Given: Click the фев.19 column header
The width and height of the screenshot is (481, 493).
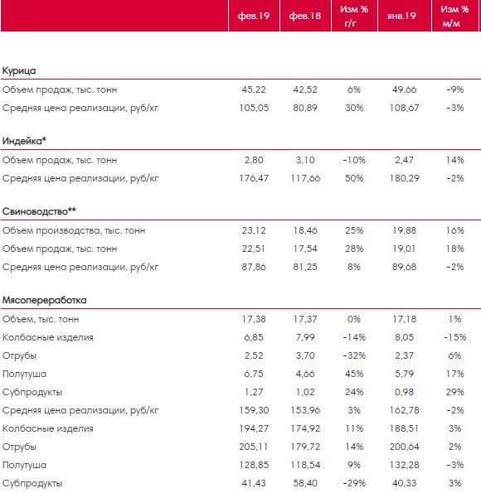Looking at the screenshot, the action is pos(254,16).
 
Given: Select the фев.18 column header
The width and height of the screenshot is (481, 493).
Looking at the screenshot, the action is pos(305,16).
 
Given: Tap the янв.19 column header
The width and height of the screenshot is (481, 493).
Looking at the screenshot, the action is pos(401,16).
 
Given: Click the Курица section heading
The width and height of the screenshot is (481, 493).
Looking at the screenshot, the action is pos(19,70).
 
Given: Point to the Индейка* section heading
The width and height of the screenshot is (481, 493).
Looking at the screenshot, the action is pos(24,141).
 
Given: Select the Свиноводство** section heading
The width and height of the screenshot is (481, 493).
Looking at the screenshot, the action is pos(39,211).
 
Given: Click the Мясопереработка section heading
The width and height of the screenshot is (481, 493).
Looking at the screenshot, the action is pos(45,300).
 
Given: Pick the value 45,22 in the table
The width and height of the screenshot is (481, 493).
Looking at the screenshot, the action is pos(254,89).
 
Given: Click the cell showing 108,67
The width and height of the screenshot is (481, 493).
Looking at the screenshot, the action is pos(404,108).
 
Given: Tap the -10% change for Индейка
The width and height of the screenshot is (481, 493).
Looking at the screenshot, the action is pos(354,160).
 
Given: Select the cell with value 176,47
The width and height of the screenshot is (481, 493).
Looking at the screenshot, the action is pos(254,178).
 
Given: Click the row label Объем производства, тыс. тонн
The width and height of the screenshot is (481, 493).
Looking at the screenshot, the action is pos(74,230).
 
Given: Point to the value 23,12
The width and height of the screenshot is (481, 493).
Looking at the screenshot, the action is pos(254,230).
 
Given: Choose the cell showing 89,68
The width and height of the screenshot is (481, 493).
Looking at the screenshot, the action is pos(404,267).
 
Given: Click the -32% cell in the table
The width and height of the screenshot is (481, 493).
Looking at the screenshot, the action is pos(354,355).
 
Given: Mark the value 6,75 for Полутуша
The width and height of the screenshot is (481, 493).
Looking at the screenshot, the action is pos(254,374).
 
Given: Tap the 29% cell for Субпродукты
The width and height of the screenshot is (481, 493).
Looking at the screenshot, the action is pos(454,392).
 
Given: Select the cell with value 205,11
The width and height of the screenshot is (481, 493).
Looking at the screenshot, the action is pos(254,447).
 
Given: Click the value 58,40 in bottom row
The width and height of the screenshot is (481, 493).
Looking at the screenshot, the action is pos(305,483).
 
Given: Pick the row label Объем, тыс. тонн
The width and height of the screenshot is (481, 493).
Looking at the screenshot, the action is pos(41,319).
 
